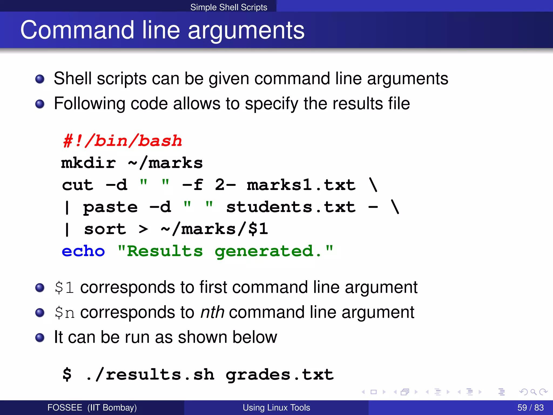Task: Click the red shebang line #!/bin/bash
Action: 123,141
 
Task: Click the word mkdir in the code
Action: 89,163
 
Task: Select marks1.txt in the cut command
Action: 301,185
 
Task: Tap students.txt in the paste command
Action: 291,207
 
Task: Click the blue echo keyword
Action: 83,251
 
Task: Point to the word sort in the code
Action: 105,229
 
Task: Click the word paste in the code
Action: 110,207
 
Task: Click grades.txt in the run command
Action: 280,375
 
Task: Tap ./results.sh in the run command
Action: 150,375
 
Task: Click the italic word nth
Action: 212,312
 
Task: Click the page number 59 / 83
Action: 530,407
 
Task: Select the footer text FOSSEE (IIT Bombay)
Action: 92,407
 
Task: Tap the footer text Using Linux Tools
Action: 276,407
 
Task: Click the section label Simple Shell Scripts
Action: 229,7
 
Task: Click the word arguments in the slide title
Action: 246,30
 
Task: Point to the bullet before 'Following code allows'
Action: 40,104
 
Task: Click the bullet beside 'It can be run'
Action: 40,337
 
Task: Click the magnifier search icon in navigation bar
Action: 533,392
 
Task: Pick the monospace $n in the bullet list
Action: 64,313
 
